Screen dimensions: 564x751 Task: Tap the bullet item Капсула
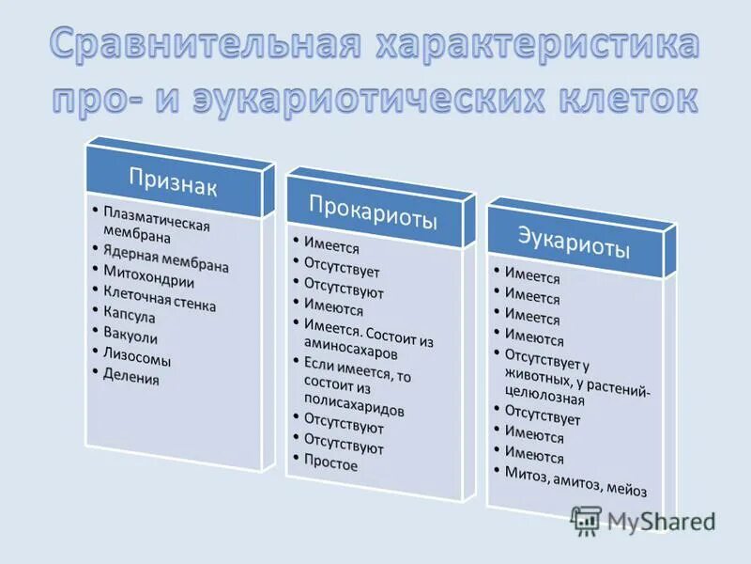(129, 318)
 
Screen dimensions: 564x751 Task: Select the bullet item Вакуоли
(130, 337)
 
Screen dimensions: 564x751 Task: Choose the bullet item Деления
(132, 378)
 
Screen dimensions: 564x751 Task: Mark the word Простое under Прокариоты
(330, 462)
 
